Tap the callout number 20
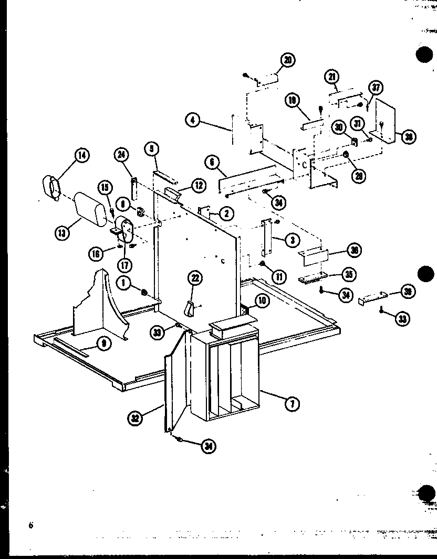pyautogui.click(x=287, y=61)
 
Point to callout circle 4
pyautogui.click(x=193, y=121)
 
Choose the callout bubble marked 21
pyautogui.click(x=331, y=78)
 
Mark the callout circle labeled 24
pyautogui.click(x=121, y=155)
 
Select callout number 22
pyautogui.click(x=195, y=278)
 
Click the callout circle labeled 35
pyautogui.click(x=347, y=273)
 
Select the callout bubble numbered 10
pyautogui.click(x=262, y=300)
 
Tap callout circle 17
pyautogui.click(x=124, y=265)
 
